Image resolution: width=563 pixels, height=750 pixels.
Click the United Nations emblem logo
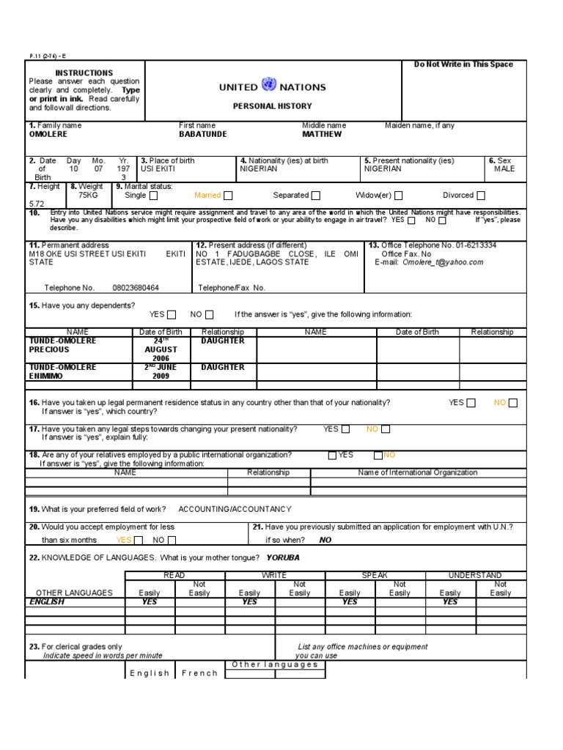268,86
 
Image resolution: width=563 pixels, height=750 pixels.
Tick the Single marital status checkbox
153,196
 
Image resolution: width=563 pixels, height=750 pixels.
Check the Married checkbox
229,196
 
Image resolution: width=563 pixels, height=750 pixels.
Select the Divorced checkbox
481,196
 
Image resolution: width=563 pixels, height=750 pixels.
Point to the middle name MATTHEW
322,135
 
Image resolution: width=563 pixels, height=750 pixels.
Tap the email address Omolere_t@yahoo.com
443,262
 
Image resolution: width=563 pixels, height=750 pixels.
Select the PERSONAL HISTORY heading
272,106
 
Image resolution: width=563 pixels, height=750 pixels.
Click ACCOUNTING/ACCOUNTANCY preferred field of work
235,509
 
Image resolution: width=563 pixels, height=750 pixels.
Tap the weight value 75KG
88,196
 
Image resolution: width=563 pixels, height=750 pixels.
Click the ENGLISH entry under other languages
47,602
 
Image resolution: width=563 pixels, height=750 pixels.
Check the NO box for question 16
513,403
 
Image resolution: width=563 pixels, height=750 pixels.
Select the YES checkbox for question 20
139,541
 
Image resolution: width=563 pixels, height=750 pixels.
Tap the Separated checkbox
316,196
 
